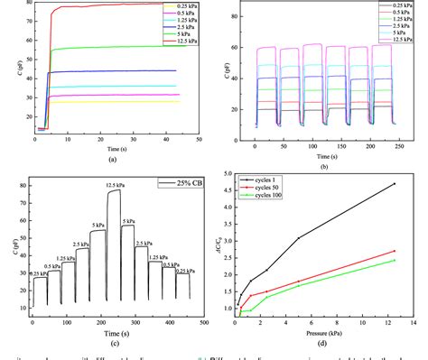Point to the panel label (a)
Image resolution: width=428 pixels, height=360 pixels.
pos(112,159)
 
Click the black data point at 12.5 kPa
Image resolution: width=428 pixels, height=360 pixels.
pos(394,184)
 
